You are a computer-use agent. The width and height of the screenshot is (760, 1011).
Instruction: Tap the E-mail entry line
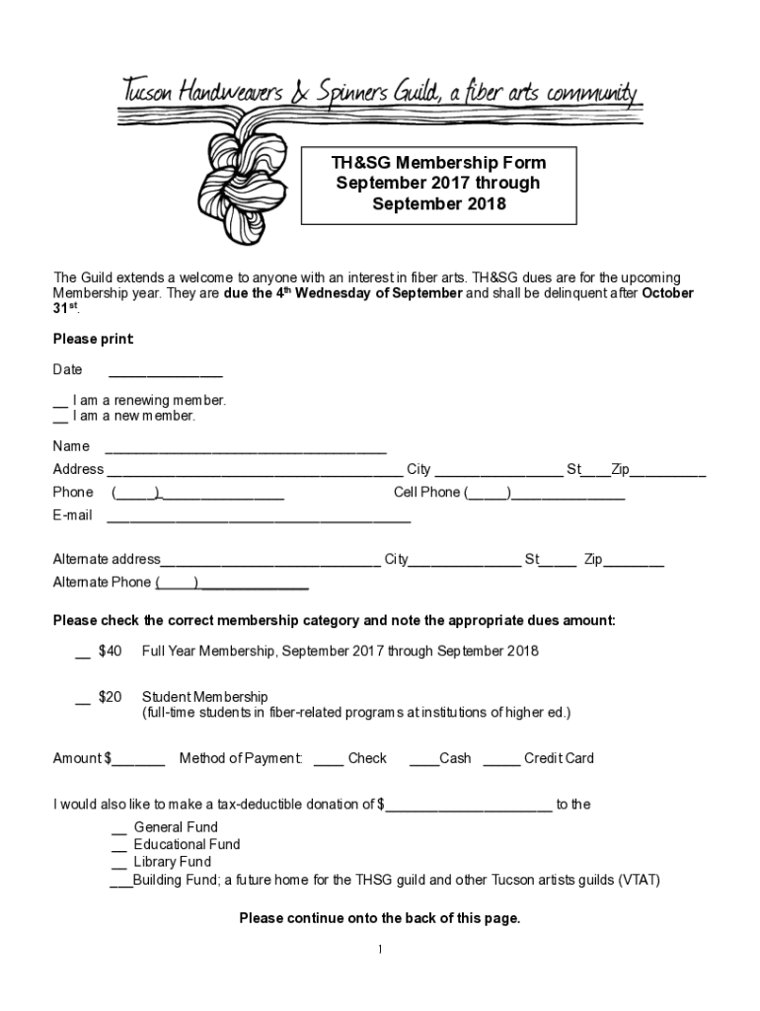point(258,519)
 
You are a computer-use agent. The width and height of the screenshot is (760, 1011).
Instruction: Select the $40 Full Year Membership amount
point(111,652)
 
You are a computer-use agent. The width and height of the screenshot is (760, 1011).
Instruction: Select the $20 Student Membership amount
point(111,697)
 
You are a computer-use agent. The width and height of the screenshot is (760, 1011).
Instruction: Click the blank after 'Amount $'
point(138,763)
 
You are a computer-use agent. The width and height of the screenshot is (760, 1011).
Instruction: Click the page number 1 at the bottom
point(380,950)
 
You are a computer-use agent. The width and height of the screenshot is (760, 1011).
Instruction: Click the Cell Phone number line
point(567,497)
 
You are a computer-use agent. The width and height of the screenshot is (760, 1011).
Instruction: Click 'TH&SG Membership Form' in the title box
point(438,163)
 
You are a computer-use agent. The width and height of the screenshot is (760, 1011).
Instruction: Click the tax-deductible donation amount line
point(469,809)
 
